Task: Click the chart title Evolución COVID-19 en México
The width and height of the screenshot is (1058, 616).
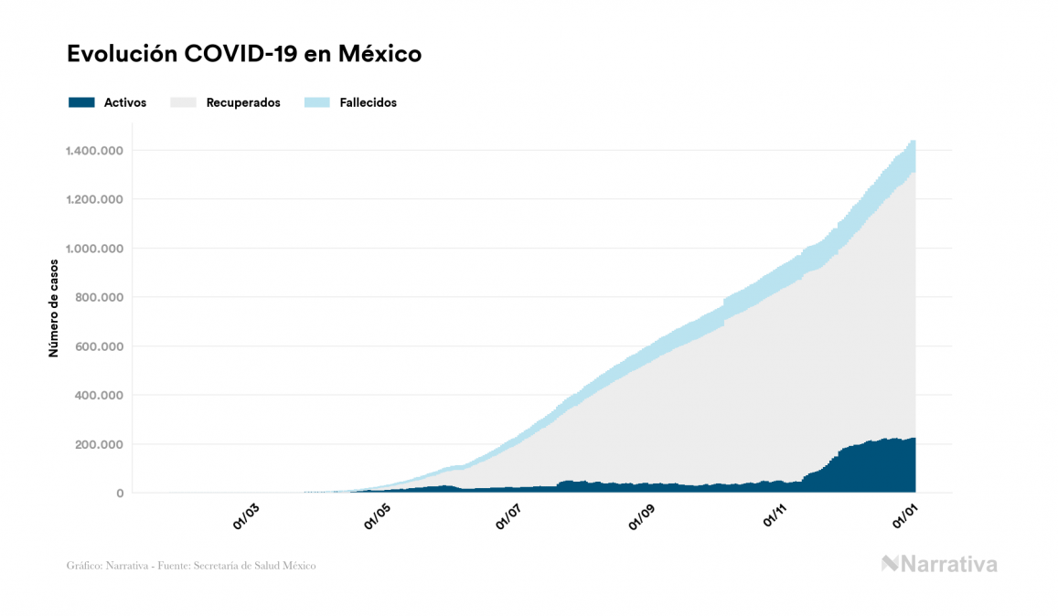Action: point(244,54)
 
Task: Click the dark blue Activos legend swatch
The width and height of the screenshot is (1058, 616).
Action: point(81,102)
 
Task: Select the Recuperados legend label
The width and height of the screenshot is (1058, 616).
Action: point(243,102)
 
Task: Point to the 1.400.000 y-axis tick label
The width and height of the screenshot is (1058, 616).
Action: point(94,150)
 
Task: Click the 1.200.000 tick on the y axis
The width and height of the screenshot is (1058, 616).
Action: point(94,199)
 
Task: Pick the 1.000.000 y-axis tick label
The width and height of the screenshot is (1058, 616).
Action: point(94,249)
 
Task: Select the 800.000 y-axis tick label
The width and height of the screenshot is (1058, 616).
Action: point(100,297)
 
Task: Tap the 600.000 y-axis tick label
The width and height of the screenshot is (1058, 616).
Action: point(100,346)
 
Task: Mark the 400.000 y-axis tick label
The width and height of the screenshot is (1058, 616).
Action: point(100,396)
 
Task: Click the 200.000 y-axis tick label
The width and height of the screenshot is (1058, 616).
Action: point(100,444)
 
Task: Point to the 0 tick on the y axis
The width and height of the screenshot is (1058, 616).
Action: point(119,494)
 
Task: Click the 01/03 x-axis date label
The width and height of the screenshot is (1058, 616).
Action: point(247,517)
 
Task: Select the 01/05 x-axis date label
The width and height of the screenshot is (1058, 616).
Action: point(379,517)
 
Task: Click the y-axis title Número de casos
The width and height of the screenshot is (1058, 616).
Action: point(53,307)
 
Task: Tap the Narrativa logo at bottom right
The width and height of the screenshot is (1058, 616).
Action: point(939,564)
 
